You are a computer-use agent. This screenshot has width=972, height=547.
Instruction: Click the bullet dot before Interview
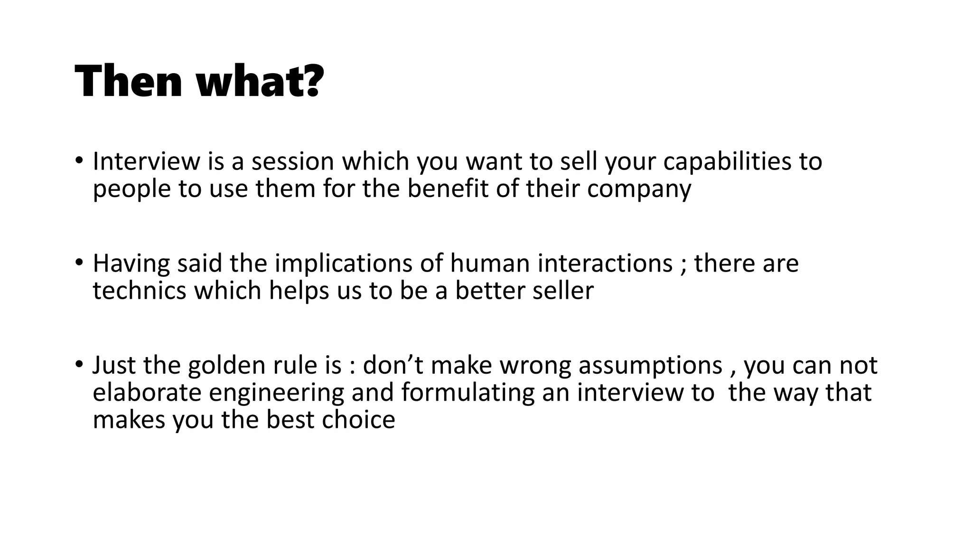79,160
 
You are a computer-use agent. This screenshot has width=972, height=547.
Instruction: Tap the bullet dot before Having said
79,262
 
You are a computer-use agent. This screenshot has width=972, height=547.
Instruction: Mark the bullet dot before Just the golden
79,364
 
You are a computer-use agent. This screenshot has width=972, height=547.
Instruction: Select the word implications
344,264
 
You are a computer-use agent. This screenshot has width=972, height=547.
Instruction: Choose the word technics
140,291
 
